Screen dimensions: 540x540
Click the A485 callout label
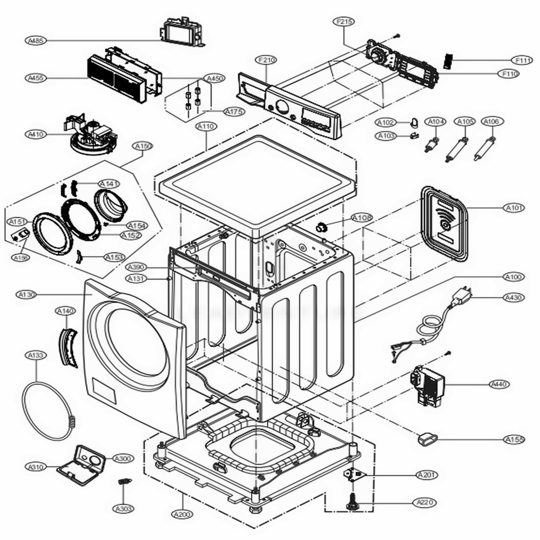coord(36,40)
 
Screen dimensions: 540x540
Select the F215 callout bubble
coord(344,22)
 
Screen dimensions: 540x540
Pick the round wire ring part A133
coord(48,410)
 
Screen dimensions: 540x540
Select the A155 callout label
coord(514,440)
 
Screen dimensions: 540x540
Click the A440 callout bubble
coord(499,384)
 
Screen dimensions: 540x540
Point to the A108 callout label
coord(361,218)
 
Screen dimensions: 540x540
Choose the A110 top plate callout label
coord(206,126)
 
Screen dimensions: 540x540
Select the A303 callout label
coord(124,508)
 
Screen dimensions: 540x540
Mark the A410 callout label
coord(36,134)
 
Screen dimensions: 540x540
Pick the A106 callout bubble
coord(491,122)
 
